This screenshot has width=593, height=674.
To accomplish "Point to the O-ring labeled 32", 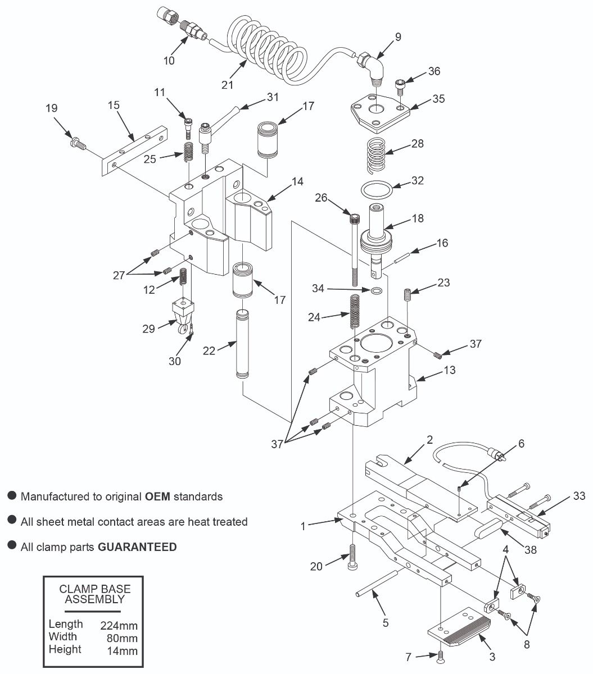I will pos(376,189).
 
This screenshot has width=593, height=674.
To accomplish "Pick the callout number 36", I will pos(434,71).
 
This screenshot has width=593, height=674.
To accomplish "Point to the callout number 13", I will pos(449,370).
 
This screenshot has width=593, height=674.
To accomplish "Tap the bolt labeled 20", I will pos(352,557).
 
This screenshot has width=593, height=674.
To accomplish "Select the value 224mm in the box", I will pos(119,626).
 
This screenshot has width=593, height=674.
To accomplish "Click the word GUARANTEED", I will pos(137,547).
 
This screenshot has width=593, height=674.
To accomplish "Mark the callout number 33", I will pos(579,495).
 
